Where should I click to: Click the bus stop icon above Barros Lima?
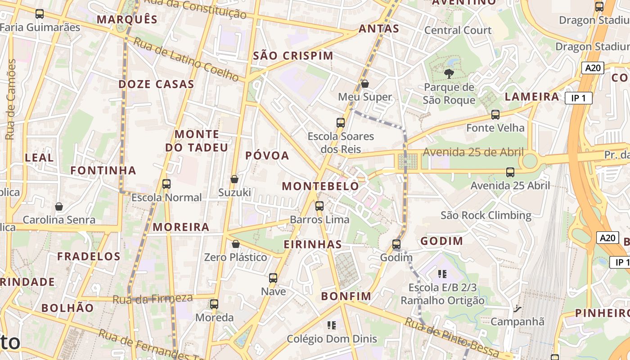pyautogui.click(x=319, y=206)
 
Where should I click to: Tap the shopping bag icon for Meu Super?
pyautogui.click(x=365, y=84)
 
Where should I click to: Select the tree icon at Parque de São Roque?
pyautogui.click(x=449, y=74)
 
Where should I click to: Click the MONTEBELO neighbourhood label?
pyautogui.click(x=320, y=186)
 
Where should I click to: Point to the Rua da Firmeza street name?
pyautogui.click(x=153, y=299)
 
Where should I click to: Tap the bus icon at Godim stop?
pyautogui.click(x=396, y=244)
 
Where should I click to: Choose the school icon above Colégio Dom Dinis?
pyautogui.click(x=332, y=325)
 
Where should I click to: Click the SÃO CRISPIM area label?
pyautogui.click(x=293, y=56)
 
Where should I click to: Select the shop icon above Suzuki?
pyautogui.click(x=234, y=179)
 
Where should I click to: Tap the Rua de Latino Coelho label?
pyautogui.click(x=186, y=59)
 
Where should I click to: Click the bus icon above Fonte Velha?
pyautogui.click(x=495, y=115)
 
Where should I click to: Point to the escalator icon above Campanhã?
pyautogui.click(x=517, y=309)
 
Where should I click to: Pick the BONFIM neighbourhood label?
pyautogui.click(x=346, y=296)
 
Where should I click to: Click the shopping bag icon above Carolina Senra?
pyautogui.click(x=59, y=207)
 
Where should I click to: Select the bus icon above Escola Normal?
pyautogui.click(x=166, y=184)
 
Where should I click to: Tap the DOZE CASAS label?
pyautogui.click(x=156, y=84)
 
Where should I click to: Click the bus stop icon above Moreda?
pyautogui.click(x=214, y=304)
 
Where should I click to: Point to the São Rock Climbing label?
pyautogui.click(x=486, y=215)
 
